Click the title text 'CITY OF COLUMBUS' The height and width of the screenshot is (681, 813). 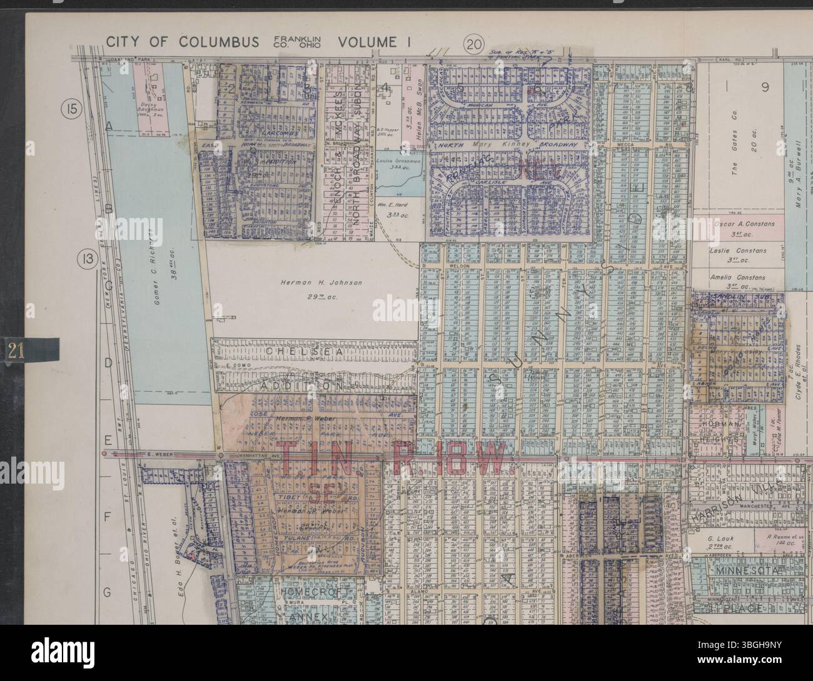[182, 42]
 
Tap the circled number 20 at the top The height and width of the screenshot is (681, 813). [474, 44]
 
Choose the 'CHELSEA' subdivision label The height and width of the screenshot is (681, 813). [305, 352]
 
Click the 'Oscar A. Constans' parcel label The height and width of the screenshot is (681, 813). [744, 224]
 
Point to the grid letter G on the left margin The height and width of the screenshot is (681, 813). [108, 591]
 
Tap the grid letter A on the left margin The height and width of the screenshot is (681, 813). [108, 126]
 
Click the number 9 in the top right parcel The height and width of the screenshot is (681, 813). [764, 87]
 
